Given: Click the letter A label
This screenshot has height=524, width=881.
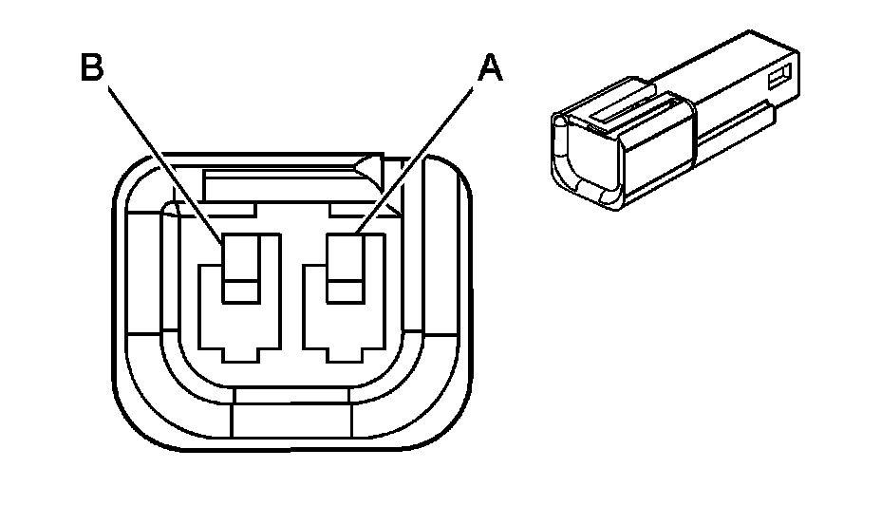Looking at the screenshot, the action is click(488, 67).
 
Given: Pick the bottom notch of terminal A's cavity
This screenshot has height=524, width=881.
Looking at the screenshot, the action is click(343, 352).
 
